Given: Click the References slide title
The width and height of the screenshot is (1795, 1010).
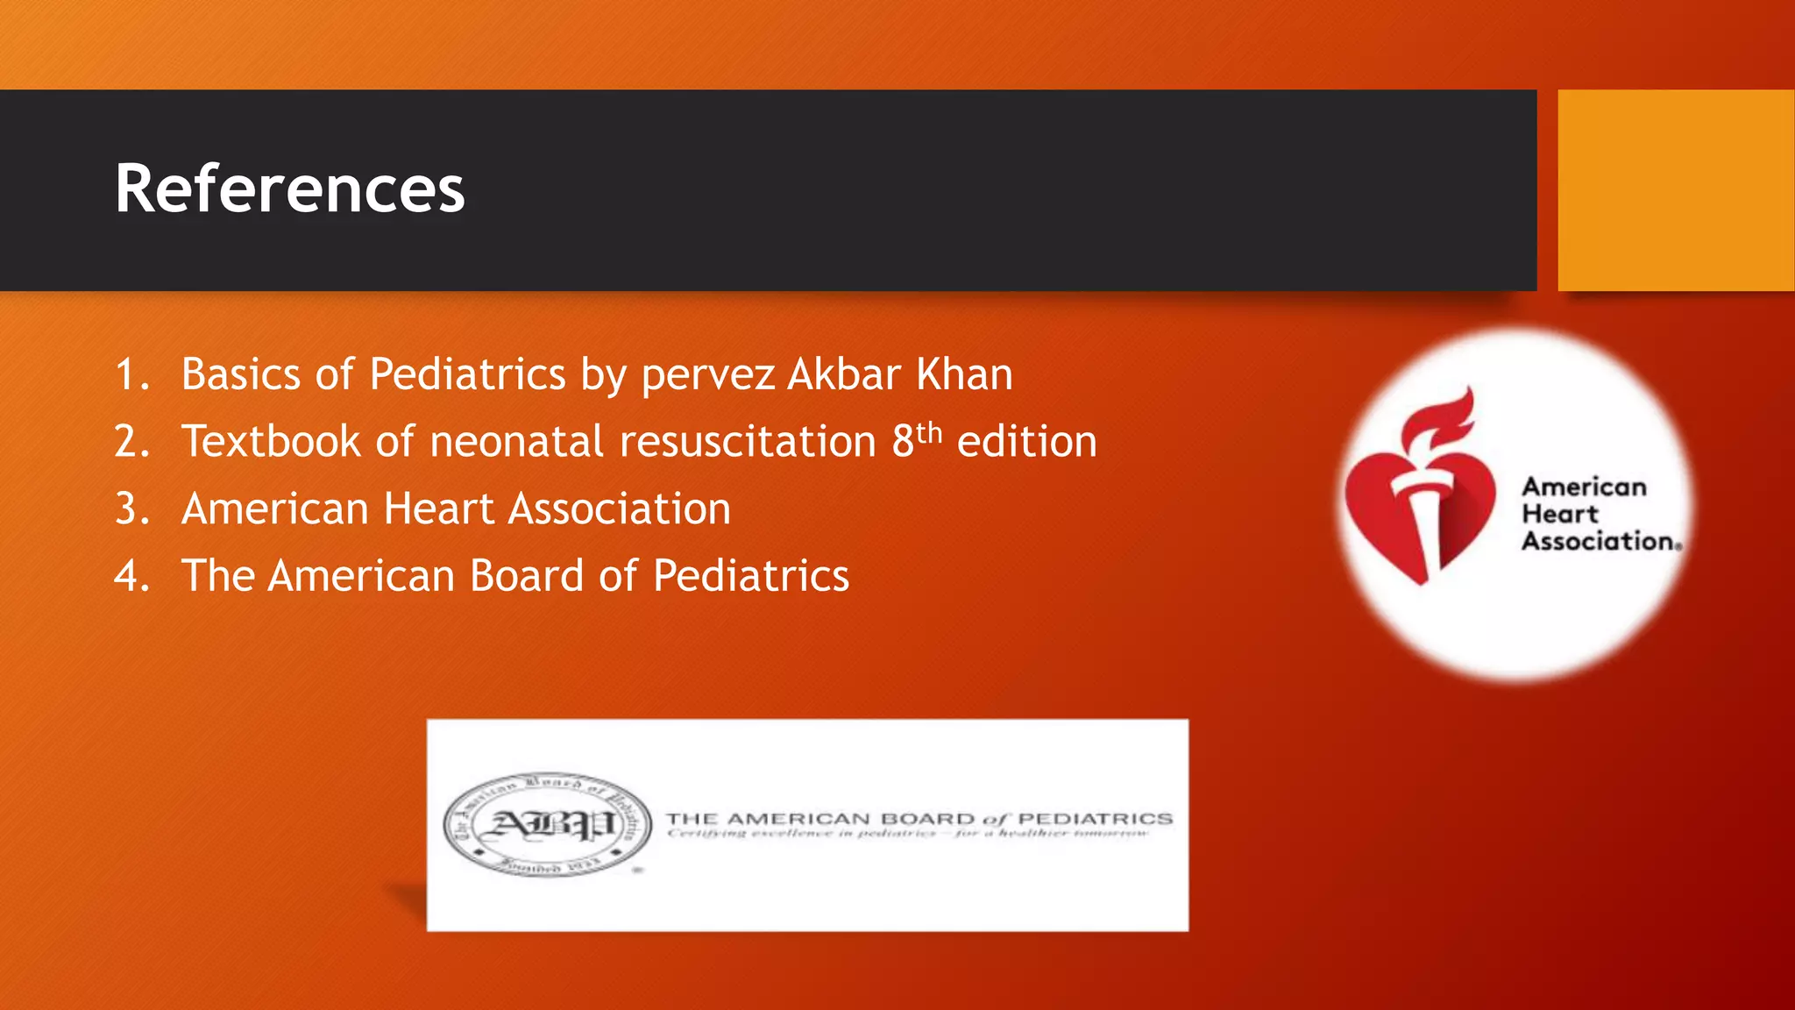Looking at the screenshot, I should pyautogui.click(x=289, y=189).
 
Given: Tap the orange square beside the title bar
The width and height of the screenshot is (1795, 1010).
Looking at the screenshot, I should pyautogui.click(x=1675, y=189).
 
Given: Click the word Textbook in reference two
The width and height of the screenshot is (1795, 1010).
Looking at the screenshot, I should pyautogui.click(x=271, y=441).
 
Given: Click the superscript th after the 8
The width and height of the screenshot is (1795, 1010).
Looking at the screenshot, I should pyautogui.click(x=929, y=432).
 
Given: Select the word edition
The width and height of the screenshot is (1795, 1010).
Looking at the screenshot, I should pyautogui.click(x=1026, y=441).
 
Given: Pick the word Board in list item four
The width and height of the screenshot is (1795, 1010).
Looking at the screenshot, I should pyautogui.click(x=527, y=576).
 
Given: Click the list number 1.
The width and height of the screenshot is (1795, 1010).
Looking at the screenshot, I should pyautogui.click(x=131, y=374).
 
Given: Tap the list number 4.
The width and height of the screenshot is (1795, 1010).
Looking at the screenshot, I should pyautogui.click(x=131, y=576).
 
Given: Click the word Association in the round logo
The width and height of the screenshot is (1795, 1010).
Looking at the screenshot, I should pyautogui.click(x=1598, y=542).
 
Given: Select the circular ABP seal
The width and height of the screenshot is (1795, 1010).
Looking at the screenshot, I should pyautogui.click(x=548, y=825).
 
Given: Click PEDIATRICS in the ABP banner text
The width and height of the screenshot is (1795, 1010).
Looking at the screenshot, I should pyautogui.click(x=1095, y=819).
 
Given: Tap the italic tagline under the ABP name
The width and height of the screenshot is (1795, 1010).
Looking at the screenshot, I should pyautogui.click(x=907, y=834).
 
